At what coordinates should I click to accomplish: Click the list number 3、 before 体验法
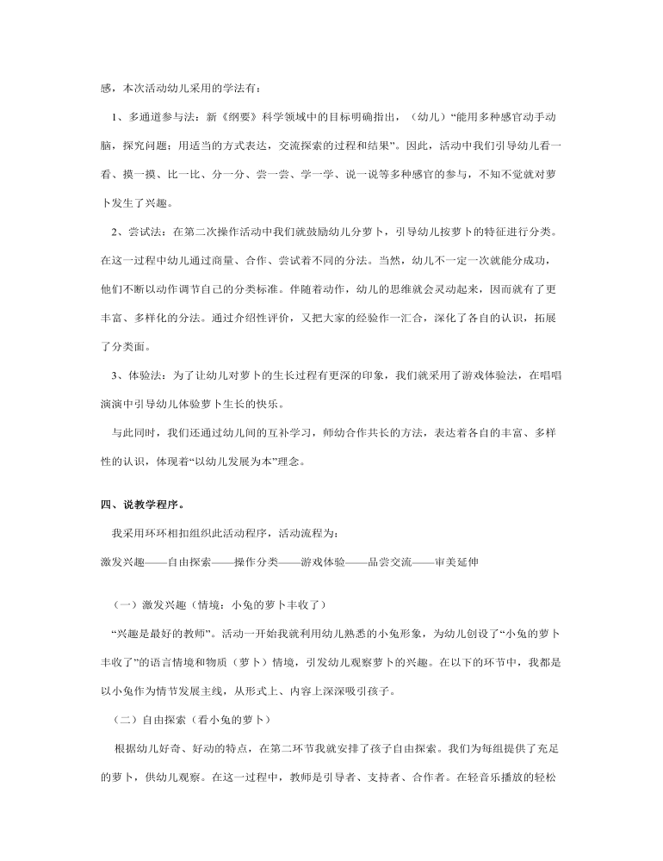click(121, 376)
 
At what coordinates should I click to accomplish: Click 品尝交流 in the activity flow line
click(390, 562)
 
